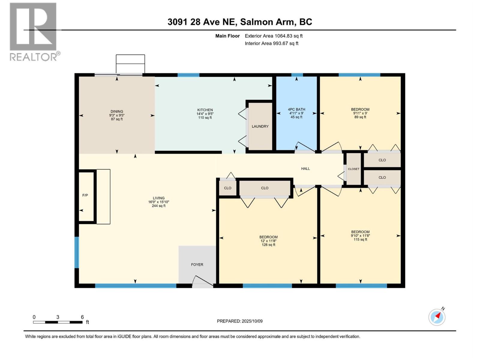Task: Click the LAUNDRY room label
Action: (260, 126)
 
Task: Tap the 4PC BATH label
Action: (296, 109)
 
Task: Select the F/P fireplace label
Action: (85, 195)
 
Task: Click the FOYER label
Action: (197, 265)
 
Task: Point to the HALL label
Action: (305, 169)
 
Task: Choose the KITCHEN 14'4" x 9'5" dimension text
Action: (205, 114)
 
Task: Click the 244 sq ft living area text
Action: (158, 206)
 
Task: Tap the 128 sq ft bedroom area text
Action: (268, 245)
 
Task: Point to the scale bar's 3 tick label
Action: (58, 317)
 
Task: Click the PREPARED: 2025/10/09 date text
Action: (240, 321)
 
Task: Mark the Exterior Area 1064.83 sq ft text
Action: (273, 36)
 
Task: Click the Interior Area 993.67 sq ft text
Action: (271, 43)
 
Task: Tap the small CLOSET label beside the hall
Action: (353, 169)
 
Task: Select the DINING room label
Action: (117, 111)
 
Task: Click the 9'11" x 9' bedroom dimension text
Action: (360, 113)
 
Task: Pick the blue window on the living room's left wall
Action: (76, 252)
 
